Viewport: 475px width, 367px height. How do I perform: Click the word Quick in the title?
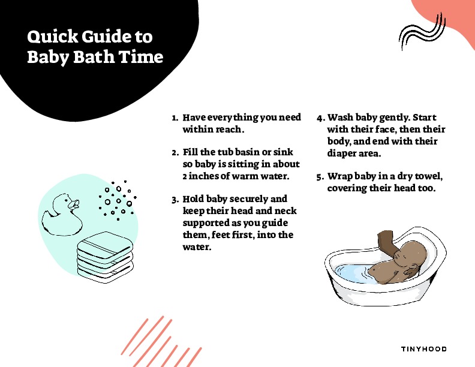coord(52,37)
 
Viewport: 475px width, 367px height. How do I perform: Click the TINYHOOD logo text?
coord(424,349)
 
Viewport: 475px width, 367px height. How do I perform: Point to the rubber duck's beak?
coord(74,204)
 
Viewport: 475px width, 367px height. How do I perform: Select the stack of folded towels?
coord(105,257)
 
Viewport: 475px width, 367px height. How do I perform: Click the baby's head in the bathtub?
coord(411,254)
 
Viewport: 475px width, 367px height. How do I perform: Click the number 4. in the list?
coord(321,118)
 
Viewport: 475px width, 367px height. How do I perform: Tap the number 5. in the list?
coord(320,177)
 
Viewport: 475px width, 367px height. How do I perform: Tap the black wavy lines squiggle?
coord(422,32)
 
